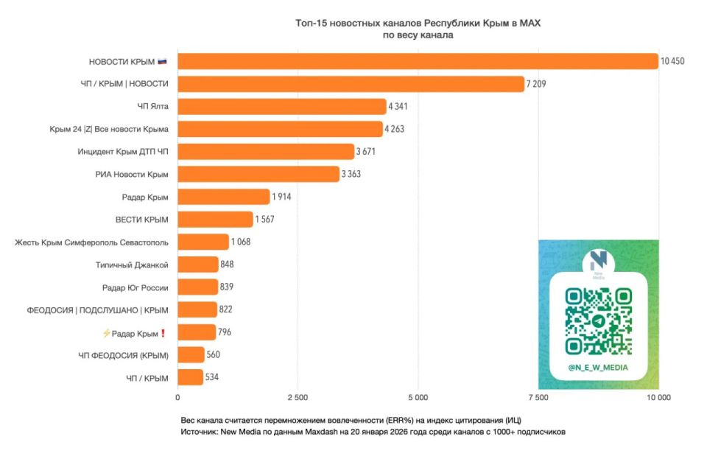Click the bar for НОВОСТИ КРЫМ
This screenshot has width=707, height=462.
tap(418, 61)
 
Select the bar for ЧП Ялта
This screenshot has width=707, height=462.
tap(281, 106)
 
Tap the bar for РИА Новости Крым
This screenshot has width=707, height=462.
tap(258, 174)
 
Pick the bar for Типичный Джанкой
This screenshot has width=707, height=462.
tap(198, 265)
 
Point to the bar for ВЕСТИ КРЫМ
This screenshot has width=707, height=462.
tap(215, 220)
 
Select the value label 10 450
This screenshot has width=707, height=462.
tap(672, 61)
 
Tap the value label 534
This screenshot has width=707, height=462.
tap(212, 378)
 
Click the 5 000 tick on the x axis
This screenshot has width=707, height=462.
tap(418, 399)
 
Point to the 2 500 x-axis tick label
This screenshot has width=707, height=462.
tap(298, 399)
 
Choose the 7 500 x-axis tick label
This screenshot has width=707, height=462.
tap(538, 399)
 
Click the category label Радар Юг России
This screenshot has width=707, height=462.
tap(136, 287)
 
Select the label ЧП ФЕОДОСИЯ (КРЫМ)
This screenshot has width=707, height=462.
tap(124, 356)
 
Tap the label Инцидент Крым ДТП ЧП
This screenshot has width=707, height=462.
tap(123, 152)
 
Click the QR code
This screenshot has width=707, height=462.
tap(598, 320)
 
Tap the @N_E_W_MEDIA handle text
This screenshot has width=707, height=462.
tap(598, 367)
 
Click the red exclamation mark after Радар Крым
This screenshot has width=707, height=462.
tap(163, 333)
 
